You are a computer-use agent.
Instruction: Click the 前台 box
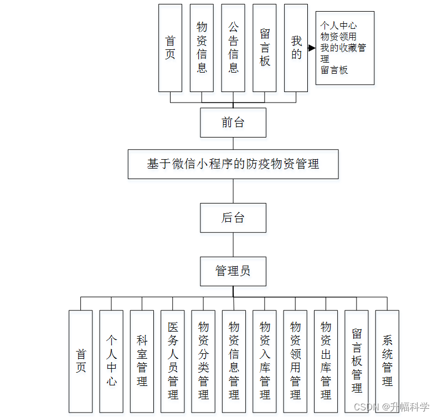[x=233, y=123]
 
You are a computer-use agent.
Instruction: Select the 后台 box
[x=233, y=217]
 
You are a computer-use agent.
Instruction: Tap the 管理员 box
[x=233, y=271]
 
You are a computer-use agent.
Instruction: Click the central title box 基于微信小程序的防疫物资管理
[x=233, y=164]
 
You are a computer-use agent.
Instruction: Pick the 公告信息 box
[x=233, y=48]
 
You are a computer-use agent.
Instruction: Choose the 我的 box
[x=296, y=48]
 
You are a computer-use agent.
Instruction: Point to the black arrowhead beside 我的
[x=312, y=48]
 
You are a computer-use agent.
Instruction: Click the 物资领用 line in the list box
[x=338, y=37]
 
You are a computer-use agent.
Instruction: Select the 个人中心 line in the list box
[x=338, y=26]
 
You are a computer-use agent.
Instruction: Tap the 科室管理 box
[x=142, y=362]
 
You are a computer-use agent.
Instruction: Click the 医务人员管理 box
[x=173, y=362]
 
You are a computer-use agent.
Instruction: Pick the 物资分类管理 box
[x=203, y=362]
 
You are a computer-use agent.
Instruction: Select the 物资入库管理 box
[x=265, y=362]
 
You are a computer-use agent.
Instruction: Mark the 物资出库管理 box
[x=326, y=362]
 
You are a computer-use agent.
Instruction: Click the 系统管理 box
[x=387, y=362]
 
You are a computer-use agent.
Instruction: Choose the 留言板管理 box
[x=357, y=362]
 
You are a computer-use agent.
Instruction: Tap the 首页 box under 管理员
[x=81, y=362]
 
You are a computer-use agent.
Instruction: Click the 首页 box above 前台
[x=170, y=48]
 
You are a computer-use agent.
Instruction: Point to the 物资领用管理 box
[x=295, y=362]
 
